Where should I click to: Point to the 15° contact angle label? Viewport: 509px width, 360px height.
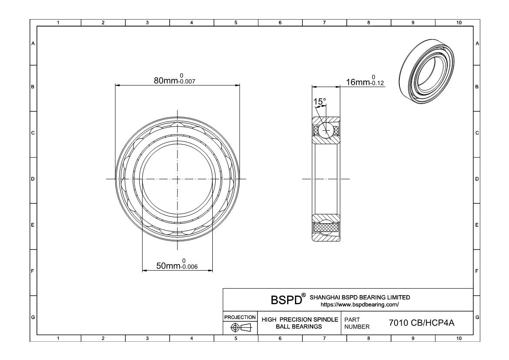[320, 101]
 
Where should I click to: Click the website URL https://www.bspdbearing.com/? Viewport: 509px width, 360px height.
[359, 304]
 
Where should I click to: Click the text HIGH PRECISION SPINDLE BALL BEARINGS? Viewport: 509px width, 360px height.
[300, 323]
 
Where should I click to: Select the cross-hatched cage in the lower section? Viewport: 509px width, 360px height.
[325, 227]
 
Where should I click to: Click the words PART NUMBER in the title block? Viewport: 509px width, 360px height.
[357, 323]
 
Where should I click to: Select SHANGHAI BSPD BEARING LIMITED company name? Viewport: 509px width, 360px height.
[359, 297]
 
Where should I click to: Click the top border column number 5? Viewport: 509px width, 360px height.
[236, 23]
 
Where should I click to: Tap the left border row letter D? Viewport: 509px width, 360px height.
[33, 179]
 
